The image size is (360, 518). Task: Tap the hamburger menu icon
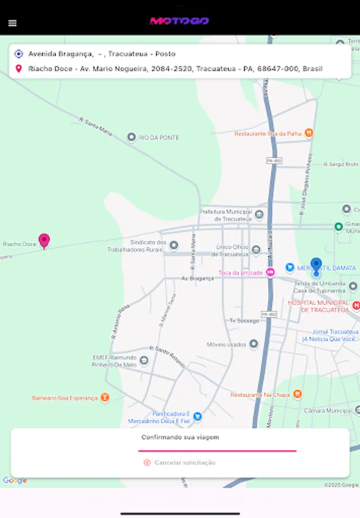tap(13, 24)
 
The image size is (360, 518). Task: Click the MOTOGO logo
tap(179, 21)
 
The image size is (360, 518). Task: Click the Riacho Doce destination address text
tap(175, 69)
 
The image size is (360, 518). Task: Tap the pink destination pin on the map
tap(44, 241)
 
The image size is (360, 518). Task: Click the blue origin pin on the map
tap(316, 266)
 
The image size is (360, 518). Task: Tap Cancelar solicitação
tap(179, 462)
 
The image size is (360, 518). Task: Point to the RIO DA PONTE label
tap(159, 138)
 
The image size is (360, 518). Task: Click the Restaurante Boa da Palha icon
tap(309, 134)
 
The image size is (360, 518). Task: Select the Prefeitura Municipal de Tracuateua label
tap(225, 215)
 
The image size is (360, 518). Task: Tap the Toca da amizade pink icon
tap(270, 273)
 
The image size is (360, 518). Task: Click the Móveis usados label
tap(226, 345)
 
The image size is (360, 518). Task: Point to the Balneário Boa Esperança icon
tap(105, 397)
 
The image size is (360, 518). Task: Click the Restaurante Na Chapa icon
tap(297, 394)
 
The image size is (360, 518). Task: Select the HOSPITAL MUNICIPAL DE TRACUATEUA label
tap(318, 306)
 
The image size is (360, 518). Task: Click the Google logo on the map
tap(15, 481)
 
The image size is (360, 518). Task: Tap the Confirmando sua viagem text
tap(180, 437)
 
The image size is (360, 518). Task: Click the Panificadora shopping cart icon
tap(197, 416)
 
